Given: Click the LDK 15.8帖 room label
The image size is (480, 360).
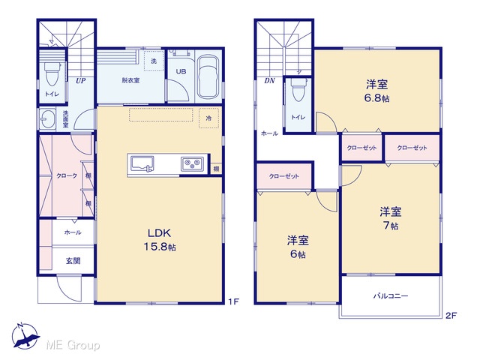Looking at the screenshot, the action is (160, 240).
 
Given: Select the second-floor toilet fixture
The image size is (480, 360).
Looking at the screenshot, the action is (298, 89).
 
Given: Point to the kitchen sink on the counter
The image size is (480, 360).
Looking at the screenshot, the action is (142, 163).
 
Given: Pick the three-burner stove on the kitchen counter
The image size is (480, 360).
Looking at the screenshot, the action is (192, 163).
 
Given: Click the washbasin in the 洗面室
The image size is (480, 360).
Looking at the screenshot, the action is (48, 118).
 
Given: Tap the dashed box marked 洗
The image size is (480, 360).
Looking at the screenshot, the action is (154, 61).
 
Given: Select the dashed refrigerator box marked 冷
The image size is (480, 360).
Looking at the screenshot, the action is (208, 118).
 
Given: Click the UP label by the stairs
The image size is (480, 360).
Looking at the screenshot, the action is (80, 81).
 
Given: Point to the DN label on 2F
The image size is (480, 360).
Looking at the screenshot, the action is (269, 81).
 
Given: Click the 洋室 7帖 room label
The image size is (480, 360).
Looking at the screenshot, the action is (391, 218).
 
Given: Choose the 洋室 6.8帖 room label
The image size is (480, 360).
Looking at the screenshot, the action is (377, 91).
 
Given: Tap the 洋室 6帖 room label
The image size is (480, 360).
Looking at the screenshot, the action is (298, 247).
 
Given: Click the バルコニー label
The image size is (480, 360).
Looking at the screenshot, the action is (391, 296).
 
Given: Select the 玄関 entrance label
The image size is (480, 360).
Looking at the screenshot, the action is (73, 261).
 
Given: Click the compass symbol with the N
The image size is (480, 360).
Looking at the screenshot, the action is (25, 336).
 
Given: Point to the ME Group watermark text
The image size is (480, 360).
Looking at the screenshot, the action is (73, 345).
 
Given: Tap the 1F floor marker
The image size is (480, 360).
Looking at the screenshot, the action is (233, 301).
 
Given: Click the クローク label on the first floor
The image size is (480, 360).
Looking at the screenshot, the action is (67, 175).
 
